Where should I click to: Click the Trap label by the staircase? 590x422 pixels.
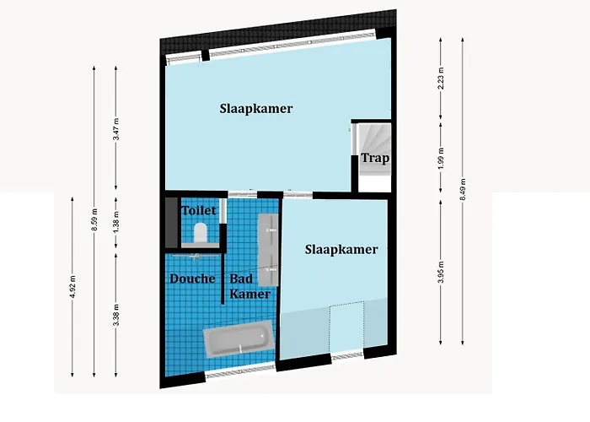click(x=374, y=159)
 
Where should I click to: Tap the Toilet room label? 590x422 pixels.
click(x=199, y=210)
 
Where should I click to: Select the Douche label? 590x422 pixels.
click(x=192, y=278)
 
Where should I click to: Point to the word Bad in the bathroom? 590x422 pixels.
click(x=243, y=278)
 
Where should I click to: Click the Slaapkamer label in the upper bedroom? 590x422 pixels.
click(x=255, y=109)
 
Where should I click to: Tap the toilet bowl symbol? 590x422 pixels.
click(x=201, y=232)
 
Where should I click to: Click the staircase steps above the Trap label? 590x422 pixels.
click(x=372, y=135)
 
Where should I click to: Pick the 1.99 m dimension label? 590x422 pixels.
click(x=441, y=158)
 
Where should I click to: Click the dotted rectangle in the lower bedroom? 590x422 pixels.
click(x=347, y=326)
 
